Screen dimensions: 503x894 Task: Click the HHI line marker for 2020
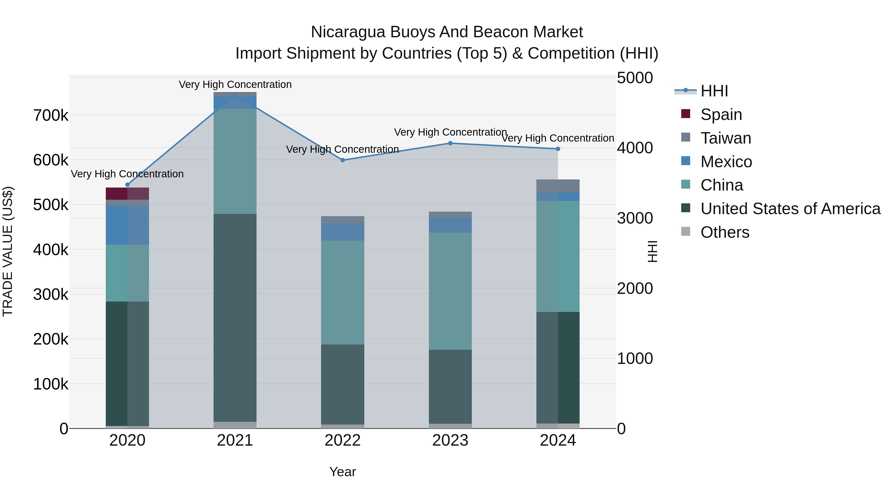127,185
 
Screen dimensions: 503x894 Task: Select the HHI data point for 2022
342,160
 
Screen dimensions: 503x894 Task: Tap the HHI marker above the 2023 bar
450,143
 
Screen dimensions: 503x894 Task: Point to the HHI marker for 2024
558,149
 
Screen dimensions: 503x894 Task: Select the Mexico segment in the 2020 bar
127,225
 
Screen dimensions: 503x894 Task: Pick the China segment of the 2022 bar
342,292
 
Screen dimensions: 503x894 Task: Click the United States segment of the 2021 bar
235,318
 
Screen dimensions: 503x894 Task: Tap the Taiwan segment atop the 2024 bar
558,186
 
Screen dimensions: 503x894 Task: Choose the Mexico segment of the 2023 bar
450,225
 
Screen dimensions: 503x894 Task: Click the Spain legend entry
721,114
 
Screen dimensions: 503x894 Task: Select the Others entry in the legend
725,232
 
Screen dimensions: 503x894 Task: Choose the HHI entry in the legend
714,91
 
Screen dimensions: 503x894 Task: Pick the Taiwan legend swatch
686,137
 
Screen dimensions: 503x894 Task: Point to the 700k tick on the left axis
51,115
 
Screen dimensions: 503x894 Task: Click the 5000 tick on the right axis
635,78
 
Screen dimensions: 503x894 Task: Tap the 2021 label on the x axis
235,440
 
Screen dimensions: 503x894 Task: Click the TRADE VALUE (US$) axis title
8,251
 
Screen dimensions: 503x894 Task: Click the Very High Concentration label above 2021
235,84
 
